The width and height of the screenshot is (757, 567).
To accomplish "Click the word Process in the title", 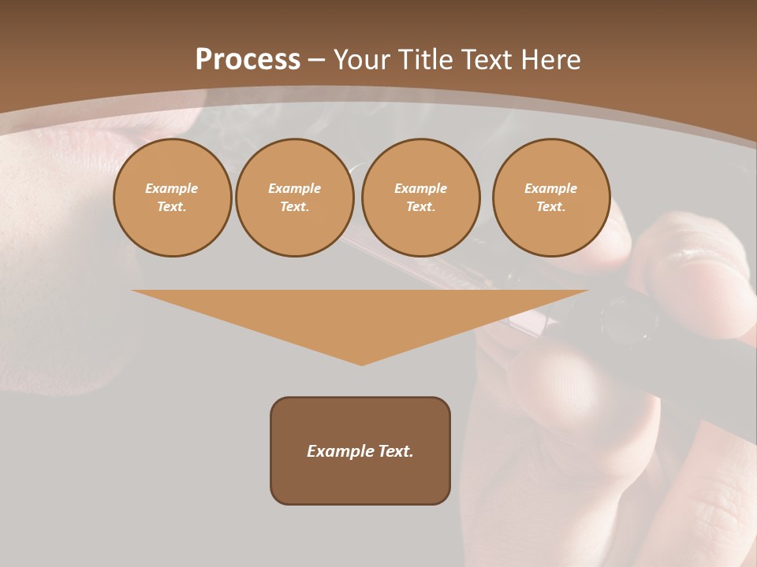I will pyautogui.click(x=248, y=60).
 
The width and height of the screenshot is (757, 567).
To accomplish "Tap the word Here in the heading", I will pyautogui.click(x=549, y=60).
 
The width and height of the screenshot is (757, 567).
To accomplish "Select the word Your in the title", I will pyautogui.click(x=364, y=60).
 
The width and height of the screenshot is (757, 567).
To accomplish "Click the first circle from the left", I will pyautogui.click(x=172, y=198).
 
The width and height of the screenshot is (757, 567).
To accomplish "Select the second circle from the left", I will pyautogui.click(x=294, y=198).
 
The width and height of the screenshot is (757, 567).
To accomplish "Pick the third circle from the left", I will pyautogui.click(x=420, y=198).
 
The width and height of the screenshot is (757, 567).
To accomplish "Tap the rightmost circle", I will pyautogui.click(x=551, y=198).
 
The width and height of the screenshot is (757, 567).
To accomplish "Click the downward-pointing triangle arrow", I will pyautogui.click(x=360, y=315).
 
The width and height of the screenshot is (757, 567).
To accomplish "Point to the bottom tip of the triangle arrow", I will pyautogui.click(x=361, y=364).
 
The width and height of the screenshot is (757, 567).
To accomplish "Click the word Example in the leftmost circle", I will pyautogui.click(x=172, y=188).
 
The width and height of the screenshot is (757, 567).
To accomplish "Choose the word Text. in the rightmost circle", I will pyautogui.click(x=551, y=207).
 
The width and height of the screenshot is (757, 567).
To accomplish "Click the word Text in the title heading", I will pyautogui.click(x=485, y=60).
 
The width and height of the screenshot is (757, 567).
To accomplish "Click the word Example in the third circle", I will pyautogui.click(x=420, y=188).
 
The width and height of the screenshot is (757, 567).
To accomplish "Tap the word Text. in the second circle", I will pyautogui.click(x=294, y=207).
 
